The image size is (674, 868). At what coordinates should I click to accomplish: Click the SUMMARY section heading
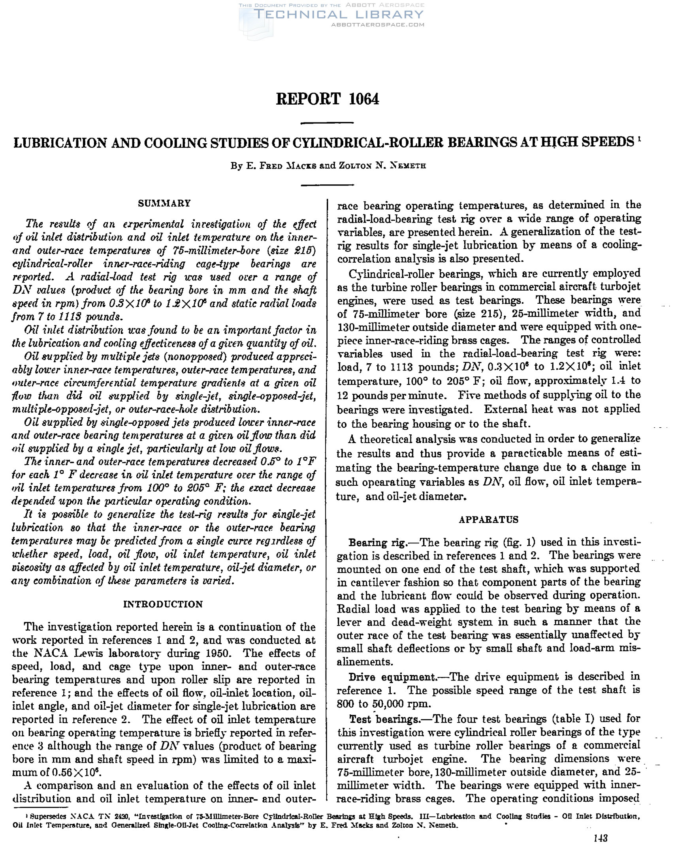(x=164, y=203)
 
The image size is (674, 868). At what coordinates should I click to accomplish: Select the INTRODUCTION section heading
(x=163, y=604)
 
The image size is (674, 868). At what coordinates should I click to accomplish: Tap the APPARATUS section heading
(x=489, y=519)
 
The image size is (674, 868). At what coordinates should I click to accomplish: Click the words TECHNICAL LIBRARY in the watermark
(x=339, y=15)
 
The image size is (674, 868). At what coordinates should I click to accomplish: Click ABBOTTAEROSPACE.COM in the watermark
(x=377, y=24)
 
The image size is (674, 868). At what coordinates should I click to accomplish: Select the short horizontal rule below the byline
(x=327, y=185)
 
